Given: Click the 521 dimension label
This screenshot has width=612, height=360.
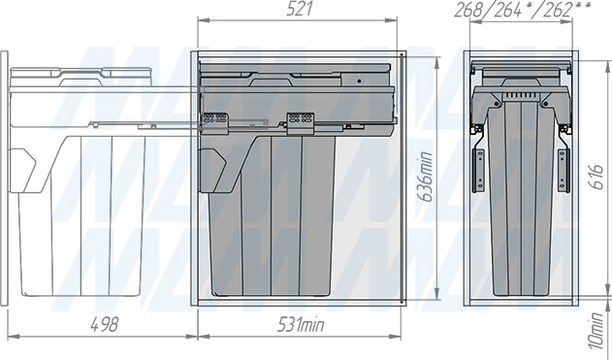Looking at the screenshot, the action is tap(300, 10).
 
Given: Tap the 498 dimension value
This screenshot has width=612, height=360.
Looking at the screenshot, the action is tap(104, 324).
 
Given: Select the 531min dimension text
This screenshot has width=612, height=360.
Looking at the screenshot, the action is tap(301, 324).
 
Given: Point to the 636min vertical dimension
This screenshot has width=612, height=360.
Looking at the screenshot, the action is tap(426, 177).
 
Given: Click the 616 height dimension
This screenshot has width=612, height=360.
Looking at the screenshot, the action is tap(596, 177).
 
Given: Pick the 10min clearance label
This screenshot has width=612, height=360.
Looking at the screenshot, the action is tap(596, 330).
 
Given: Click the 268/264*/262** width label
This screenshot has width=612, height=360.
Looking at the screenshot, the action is tap(523, 10).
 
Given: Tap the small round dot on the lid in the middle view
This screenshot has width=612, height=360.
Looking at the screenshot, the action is tap(359, 82).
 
